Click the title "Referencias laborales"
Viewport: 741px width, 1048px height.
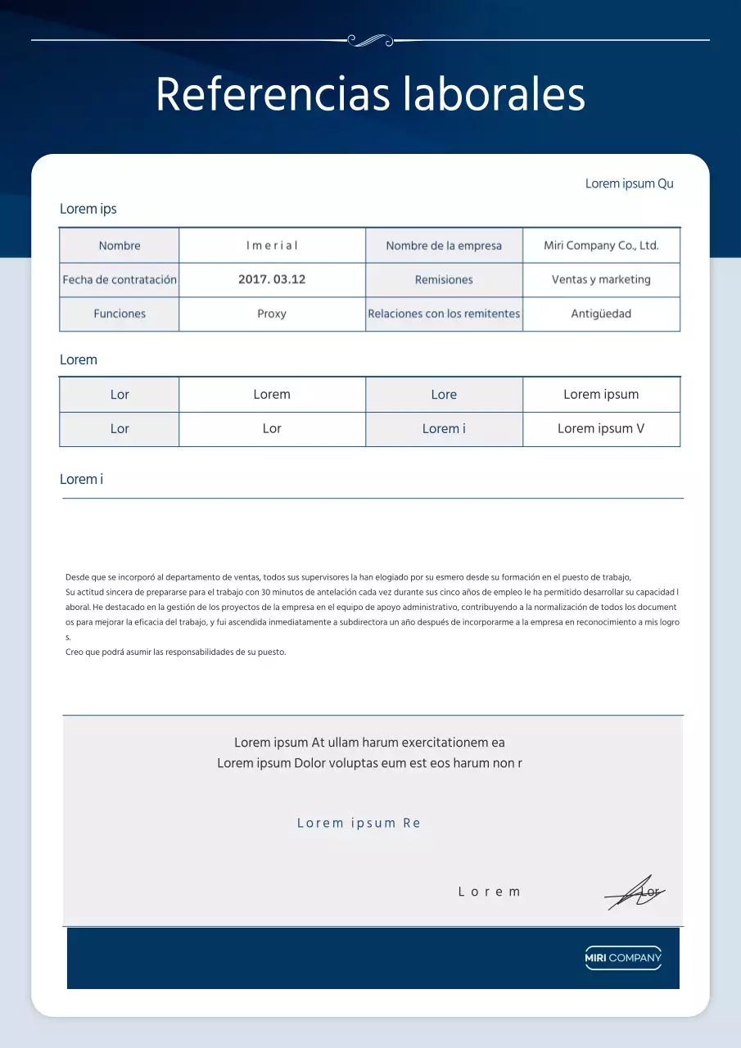(x=370, y=94)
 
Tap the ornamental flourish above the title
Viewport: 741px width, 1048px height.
(x=370, y=39)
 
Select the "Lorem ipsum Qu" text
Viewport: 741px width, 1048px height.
(x=629, y=183)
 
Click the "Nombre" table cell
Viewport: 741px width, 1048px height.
(x=120, y=246)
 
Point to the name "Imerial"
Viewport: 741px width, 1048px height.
(x=272, y=246)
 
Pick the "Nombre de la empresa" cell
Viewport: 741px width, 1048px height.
(x=444, y=246)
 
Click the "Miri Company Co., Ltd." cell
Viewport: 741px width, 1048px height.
(x=601, y=246)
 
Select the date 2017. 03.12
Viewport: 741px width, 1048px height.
(x=272, y=279)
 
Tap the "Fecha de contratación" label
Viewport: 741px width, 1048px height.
(x=120, y=280)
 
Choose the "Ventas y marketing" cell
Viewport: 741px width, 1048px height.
(x=601, y=279)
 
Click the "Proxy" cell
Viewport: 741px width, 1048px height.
(x=272, y=314)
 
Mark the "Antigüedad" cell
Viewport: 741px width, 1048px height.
(x=601, y=314)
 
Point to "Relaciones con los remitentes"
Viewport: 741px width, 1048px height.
(x=444, y=314)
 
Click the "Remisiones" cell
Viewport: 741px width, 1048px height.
(x=444, y=280)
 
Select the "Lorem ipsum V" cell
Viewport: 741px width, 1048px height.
(x=601, y=428)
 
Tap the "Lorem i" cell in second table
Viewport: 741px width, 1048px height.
(x=444, y=428)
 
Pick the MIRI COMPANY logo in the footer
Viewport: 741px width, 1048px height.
(x=623, y=958)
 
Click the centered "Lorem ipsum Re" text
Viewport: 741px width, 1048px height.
(x=359, y=823)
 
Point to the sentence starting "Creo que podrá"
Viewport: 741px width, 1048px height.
(x=175, y=653)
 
